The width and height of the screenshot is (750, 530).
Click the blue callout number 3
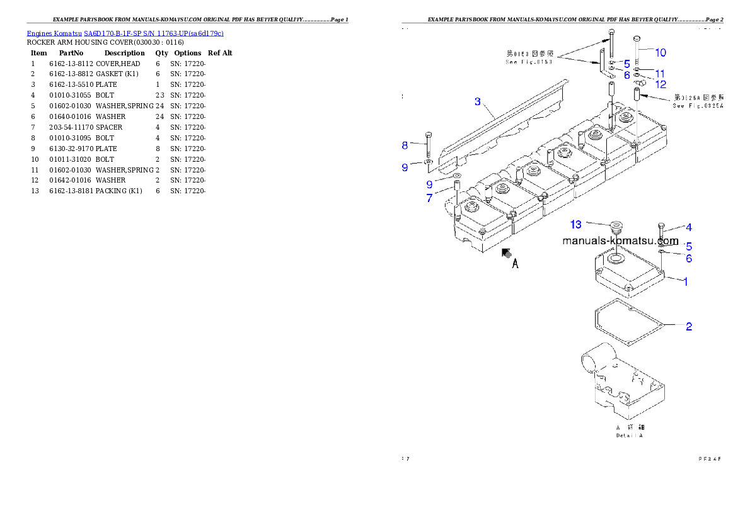478,101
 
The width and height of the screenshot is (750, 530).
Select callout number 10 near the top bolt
660,53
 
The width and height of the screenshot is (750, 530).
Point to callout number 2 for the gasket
689,327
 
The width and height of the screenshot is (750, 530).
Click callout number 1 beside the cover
686,281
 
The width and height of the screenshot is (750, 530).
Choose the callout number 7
429,198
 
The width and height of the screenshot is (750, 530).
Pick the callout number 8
405,145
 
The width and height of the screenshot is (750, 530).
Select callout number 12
661,84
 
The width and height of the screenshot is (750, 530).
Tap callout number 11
660,74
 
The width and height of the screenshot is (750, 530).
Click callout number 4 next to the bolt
689,227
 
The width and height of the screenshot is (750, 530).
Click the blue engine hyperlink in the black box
125,33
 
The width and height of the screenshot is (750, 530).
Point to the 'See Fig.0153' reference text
529,62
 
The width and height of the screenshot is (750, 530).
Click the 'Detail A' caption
630,435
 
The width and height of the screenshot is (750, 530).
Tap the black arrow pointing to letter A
506,253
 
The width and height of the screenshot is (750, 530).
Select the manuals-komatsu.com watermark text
620,241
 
